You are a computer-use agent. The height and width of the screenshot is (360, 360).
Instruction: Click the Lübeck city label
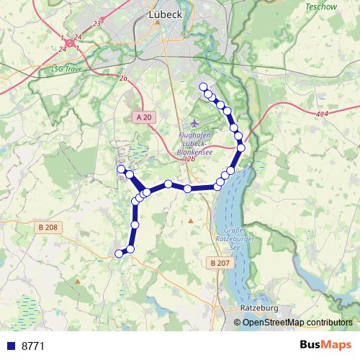click(x=166, y=14)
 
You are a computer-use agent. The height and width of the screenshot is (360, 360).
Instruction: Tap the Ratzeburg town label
click(x=257, y=307)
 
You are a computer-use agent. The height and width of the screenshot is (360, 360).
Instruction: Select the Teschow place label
click(x=320, y=6)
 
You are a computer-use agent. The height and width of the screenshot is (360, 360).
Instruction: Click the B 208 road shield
click(x=48, y=228)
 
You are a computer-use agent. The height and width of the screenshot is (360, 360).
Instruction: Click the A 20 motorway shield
click(x=144, y=117)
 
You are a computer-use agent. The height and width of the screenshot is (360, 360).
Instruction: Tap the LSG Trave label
click(x=67, y=70)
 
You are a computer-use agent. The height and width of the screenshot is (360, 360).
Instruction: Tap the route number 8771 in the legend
click(x=33, y=346)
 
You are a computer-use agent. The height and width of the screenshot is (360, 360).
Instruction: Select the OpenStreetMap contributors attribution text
click(x=297, y=323)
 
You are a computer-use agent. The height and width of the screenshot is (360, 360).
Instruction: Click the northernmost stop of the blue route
click(x=203, y=87)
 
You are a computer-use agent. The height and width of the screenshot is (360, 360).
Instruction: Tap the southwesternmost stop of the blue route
click(x=119, y=253)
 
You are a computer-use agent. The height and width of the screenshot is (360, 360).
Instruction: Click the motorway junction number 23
click(x=96, y=24)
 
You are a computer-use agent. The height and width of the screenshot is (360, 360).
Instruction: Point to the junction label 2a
click(x=124, y=78)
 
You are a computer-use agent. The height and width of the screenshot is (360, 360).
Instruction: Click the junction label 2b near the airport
click(x=191, y=158)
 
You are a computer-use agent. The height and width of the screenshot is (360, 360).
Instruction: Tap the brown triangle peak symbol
click(x=190, y=221)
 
